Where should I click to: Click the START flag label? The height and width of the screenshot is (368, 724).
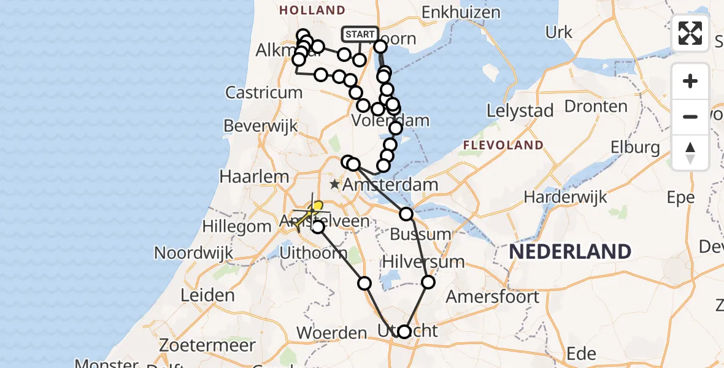click(x=360, y=34)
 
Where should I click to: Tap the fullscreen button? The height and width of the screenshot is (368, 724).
click(x=690, y=33)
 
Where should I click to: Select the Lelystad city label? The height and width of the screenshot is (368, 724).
click(x=520, y=111)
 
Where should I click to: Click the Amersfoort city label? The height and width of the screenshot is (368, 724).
click(x=493, y=297)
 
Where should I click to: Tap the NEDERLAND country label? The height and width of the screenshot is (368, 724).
click(x=569, y=251)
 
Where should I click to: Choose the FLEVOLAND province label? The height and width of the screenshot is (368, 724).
click(x=503, y=145)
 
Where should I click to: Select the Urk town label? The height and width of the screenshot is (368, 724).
click(x=558, y=33)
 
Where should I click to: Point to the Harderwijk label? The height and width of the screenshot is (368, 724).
click(x=565, y=197)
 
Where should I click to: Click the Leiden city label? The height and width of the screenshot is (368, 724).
click(x=207, y=295)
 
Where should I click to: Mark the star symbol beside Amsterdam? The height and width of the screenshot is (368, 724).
click(x=334, y=184)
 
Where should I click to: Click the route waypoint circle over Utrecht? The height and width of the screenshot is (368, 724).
click(x=404, y=332)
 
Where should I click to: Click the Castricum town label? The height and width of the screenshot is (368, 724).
click(x=264, y=93)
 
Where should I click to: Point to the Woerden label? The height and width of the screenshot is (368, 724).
click(x=331, y=333)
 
